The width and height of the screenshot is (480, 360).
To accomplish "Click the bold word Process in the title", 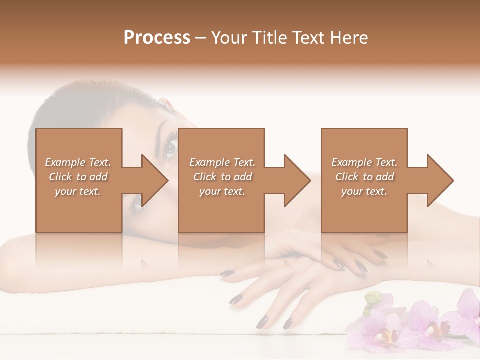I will [157, 38].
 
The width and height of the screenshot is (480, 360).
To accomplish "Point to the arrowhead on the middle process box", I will [296, 181].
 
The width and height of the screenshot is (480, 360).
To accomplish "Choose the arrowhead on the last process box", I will [439, 181].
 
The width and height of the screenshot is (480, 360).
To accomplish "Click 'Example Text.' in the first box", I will [78, 162].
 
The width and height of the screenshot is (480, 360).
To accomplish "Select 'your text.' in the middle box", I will [222, 191].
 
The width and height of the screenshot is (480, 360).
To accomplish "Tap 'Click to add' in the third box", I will [364, 177].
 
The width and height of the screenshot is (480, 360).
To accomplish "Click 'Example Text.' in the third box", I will [364, 162].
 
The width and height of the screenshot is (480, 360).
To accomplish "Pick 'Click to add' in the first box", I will [78, 177].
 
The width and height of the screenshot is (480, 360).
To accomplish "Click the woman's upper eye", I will [171, 147].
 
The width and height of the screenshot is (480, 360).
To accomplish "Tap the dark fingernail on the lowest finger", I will [261, 323].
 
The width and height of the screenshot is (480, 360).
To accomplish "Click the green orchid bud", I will [373, 299].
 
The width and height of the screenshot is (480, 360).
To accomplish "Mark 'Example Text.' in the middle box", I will [222, 162].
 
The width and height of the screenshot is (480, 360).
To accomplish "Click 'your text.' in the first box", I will [78, 191].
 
